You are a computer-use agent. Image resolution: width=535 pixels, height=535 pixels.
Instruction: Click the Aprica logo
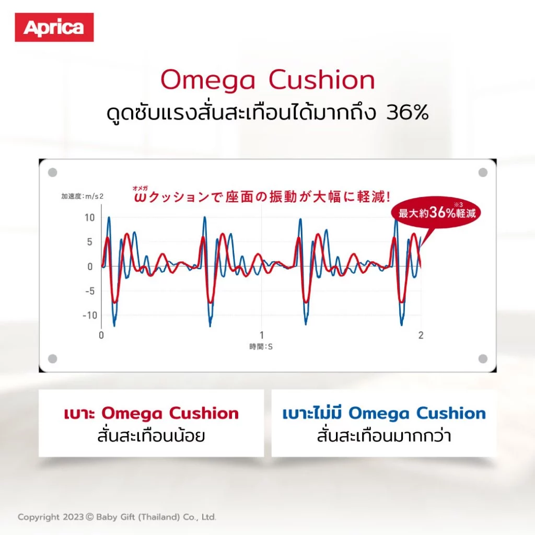click(54, 27)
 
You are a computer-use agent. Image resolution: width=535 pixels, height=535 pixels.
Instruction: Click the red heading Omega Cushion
click(268, 80)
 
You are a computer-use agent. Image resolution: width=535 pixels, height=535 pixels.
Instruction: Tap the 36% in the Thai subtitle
click(408, 112)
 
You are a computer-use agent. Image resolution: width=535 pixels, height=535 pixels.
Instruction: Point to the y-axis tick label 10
click(90, 218)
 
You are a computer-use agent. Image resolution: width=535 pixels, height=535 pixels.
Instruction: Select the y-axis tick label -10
click(90, 315)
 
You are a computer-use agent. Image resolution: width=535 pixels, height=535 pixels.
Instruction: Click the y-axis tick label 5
click(90, 242)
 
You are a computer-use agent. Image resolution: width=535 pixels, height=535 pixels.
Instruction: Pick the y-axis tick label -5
click(90, 291)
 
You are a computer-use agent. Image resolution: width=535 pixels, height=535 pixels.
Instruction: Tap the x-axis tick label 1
click(262, 335)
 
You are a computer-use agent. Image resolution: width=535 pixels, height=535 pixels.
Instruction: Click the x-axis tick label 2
click(421, 335)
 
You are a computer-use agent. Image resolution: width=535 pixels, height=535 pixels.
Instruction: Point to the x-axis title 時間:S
click(261, 347)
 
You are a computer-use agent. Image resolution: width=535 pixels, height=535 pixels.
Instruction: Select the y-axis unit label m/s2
click(94, 196)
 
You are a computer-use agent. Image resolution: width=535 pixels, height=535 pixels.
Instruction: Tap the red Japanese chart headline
click(262, 196)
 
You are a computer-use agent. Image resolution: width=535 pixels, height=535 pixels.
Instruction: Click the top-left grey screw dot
click(53, 172)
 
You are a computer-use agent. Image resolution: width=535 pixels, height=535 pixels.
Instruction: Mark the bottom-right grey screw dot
click(483, 358)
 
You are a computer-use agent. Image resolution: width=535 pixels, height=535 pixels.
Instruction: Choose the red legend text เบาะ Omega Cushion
click(151, 413)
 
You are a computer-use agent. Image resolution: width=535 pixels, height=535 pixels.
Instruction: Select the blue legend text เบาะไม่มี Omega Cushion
click(384, 413)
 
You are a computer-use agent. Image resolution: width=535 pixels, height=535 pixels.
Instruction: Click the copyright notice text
click(117, 517)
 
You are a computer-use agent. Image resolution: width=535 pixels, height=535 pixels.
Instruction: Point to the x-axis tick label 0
click(101, 335)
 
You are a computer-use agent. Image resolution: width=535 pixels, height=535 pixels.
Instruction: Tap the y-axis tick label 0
click(90, 266)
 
